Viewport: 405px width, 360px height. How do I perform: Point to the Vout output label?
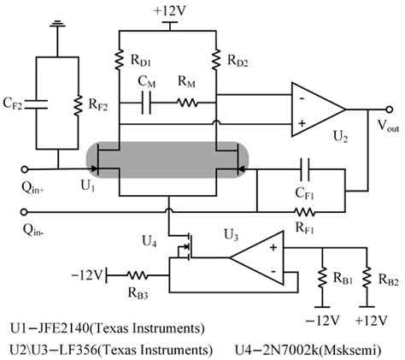(x=376, y=125)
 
